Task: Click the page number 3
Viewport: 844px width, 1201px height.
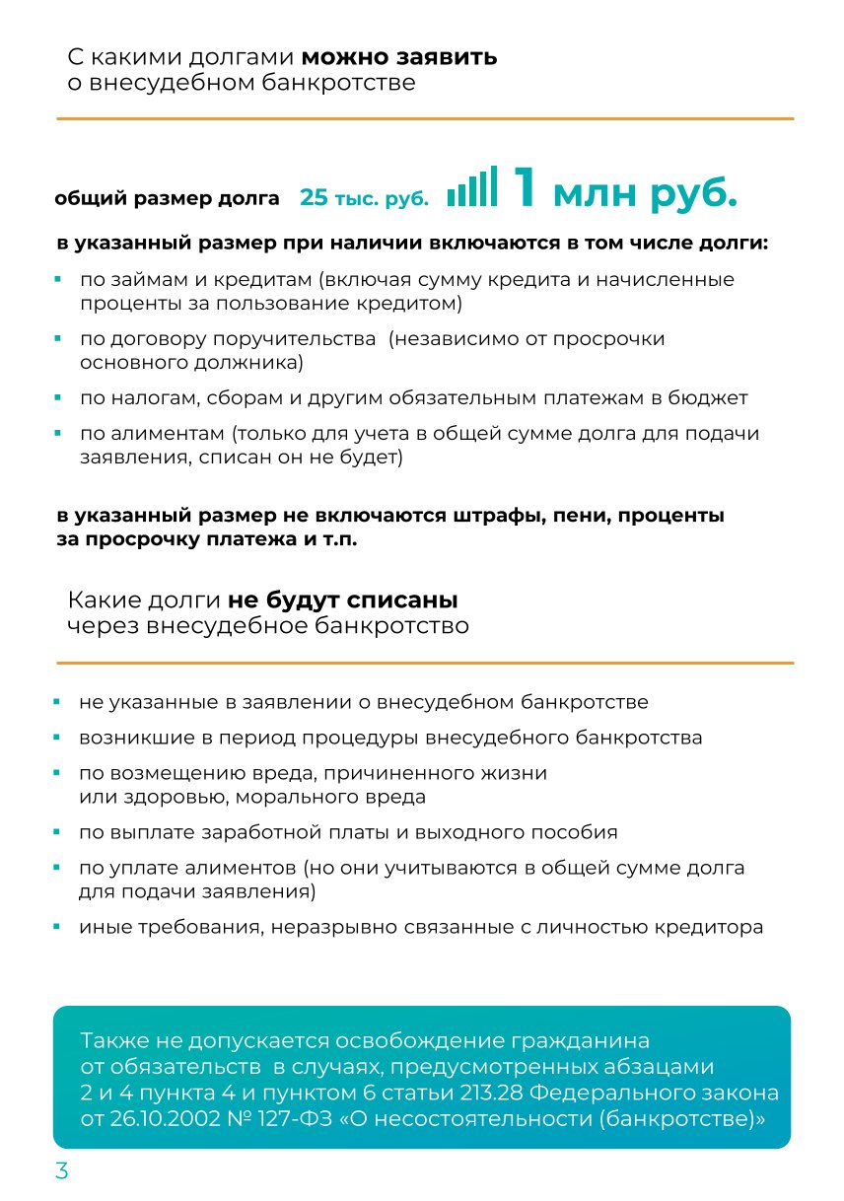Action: [61, 1171]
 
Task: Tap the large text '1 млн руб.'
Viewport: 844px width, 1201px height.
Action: [624, 189]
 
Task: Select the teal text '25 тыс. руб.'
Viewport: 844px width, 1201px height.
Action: [365, 198]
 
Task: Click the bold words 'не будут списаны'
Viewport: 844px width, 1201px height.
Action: [343, 600]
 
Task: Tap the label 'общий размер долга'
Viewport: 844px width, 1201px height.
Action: [168, 198]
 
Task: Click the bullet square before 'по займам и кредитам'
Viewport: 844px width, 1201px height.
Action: [58, 280]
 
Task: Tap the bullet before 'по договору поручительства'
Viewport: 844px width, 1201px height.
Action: [58, 339]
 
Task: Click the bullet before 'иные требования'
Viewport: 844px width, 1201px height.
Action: [58, 928]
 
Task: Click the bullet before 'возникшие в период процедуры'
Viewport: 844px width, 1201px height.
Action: [58, 738]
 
